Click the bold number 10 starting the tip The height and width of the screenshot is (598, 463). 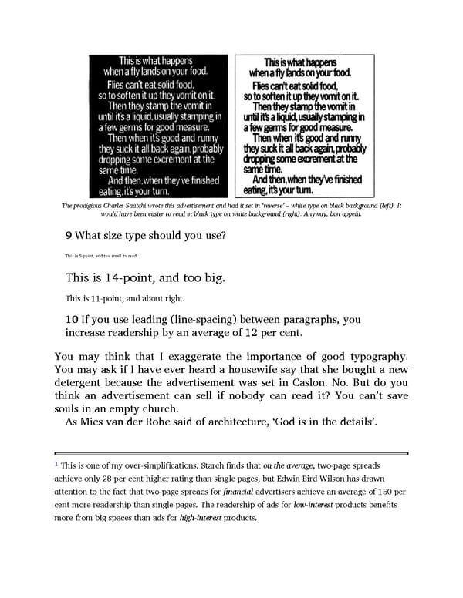click(x=72, y=319)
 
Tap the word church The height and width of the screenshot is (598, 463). click(x=158, y=408)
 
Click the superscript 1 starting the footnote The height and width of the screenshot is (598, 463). click(x=56, y=465)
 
